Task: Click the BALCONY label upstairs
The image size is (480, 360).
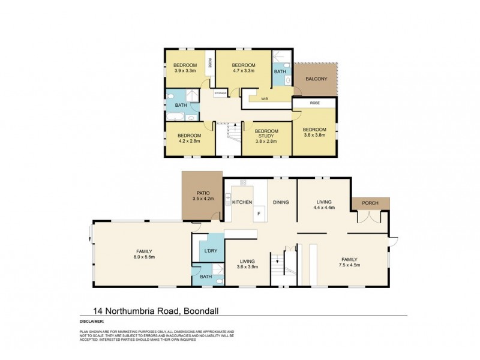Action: tap(316, 79)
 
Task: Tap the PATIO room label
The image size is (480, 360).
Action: tap(202, 191)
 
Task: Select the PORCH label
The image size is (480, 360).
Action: tap(370, 203)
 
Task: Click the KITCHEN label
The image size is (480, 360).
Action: tap(242, 202)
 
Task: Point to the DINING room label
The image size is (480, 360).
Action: tap(281, 202)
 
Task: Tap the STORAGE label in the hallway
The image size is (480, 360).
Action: tap(221, 94)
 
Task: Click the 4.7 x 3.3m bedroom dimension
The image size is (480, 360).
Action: tap(244, 71)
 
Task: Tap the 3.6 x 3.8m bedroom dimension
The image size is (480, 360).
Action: tap(314, 136)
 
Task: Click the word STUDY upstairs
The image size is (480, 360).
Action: tap(266, 136)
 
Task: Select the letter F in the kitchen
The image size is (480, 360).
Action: tap(259, 213)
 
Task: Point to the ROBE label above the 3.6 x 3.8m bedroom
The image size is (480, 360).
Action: tap(315, 103)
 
